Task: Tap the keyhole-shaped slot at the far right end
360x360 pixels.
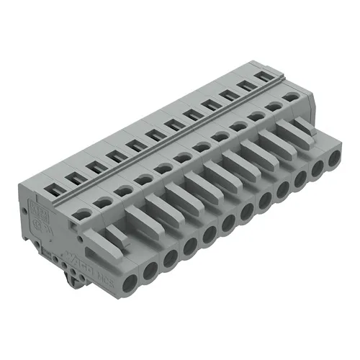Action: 290,96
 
